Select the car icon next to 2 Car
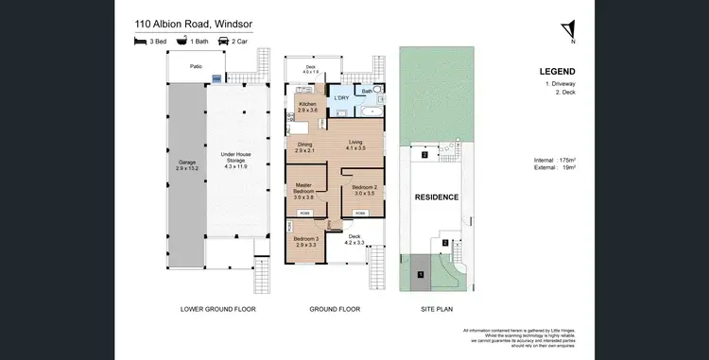tap(224, 42)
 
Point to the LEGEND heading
tap(557, 71)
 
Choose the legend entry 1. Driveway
tap(561, 85)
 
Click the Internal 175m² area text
tap(555, 162)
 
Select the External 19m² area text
tap(555, 171)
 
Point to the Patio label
tap(197, 67)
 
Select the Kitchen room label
tap(308, 107)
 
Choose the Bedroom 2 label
tap(364, 190)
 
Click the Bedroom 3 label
tap(305, 242)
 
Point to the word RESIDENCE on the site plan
tap(436, 197)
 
